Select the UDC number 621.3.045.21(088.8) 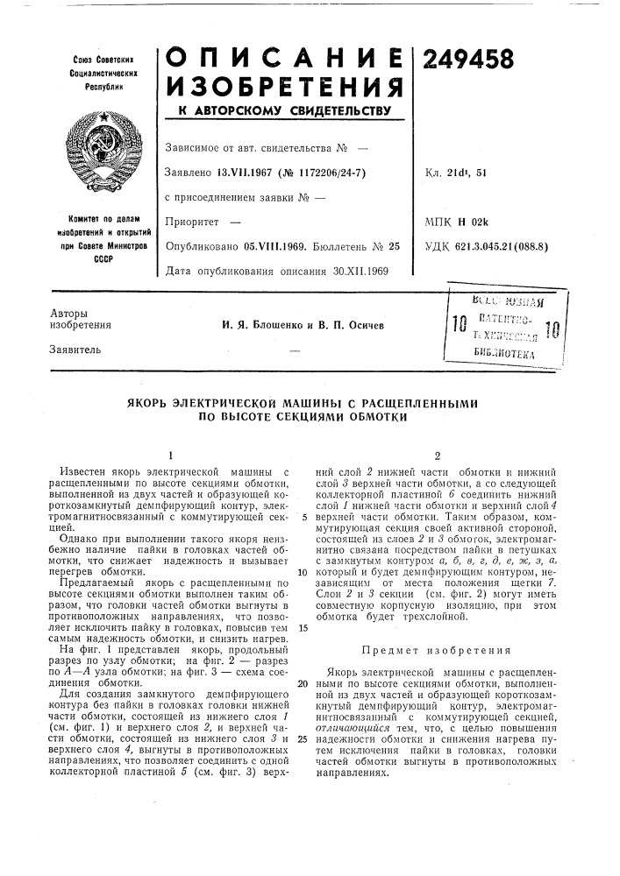507,246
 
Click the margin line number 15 302,627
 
